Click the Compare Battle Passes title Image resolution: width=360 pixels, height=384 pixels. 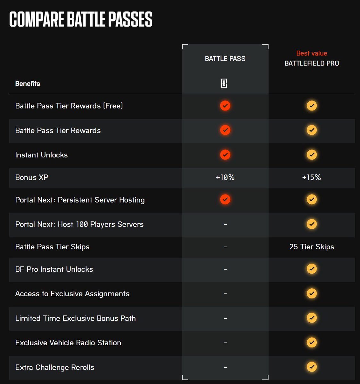pyautogui.click(x=81, y=20)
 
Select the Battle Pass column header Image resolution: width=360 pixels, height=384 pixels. pyautogui.click(x=225, y=59)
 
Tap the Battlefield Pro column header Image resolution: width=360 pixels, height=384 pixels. pyautogui.click(x=312, y=63)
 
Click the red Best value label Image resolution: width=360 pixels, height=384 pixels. pyautogui.click(x=312, y=53)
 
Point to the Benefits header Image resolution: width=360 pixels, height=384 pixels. pyautogui.click(x=28, y=84)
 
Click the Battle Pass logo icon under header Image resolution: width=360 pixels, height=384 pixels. pyautogui.click(x=224, y=84)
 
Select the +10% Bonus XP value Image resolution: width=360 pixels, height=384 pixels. pyautogui.click(x=225, y=177)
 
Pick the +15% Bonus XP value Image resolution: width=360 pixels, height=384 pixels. pyautogui.click(x=312, y=177)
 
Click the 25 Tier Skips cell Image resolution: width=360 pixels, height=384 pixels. pyautogui.click(x=312, y=247)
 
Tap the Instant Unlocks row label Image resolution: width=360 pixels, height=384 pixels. pyautogui.click(x=41, y=155)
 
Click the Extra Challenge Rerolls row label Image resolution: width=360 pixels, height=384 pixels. pyautogui.click(x=54, y=367)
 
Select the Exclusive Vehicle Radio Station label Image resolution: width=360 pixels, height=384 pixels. pyautogui.click(x=68, y=343)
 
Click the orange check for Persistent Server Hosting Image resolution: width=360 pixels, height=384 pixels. pyautogui.click(x=225, y=199)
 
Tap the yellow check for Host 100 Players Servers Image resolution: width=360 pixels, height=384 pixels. pyautogui.click(x=312, y=224)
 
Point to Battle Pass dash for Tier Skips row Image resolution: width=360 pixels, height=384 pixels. pyautogui.click(x=225, y=247)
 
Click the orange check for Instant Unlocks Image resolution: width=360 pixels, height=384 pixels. pyautogui.click(x=225, y=155)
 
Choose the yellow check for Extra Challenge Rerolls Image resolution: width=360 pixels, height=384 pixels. pyautogui.click(x=312, y=367)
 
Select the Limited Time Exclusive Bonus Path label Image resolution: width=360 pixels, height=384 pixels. pyautogui.click(x=75, y=318)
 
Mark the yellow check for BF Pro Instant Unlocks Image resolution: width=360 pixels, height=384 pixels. pyautogui.click(x=312, y=269)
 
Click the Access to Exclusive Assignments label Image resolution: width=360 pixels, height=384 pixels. pyautogui.click(x=72, y=294)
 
